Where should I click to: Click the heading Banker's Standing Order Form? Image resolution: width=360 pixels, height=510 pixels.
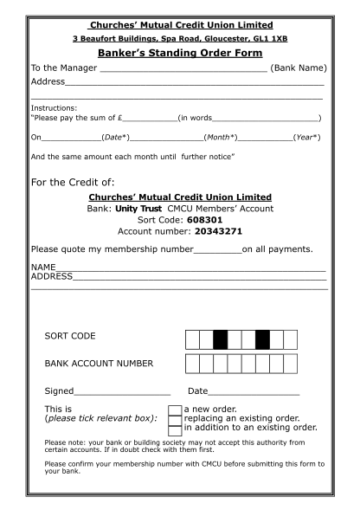(179, 53)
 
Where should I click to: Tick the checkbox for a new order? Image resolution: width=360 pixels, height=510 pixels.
(175, 410)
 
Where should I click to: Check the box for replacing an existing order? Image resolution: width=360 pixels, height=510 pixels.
(175, 419)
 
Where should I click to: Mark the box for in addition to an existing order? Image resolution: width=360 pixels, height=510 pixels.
(175, 429)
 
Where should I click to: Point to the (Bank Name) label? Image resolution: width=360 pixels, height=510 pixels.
(299, 68)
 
